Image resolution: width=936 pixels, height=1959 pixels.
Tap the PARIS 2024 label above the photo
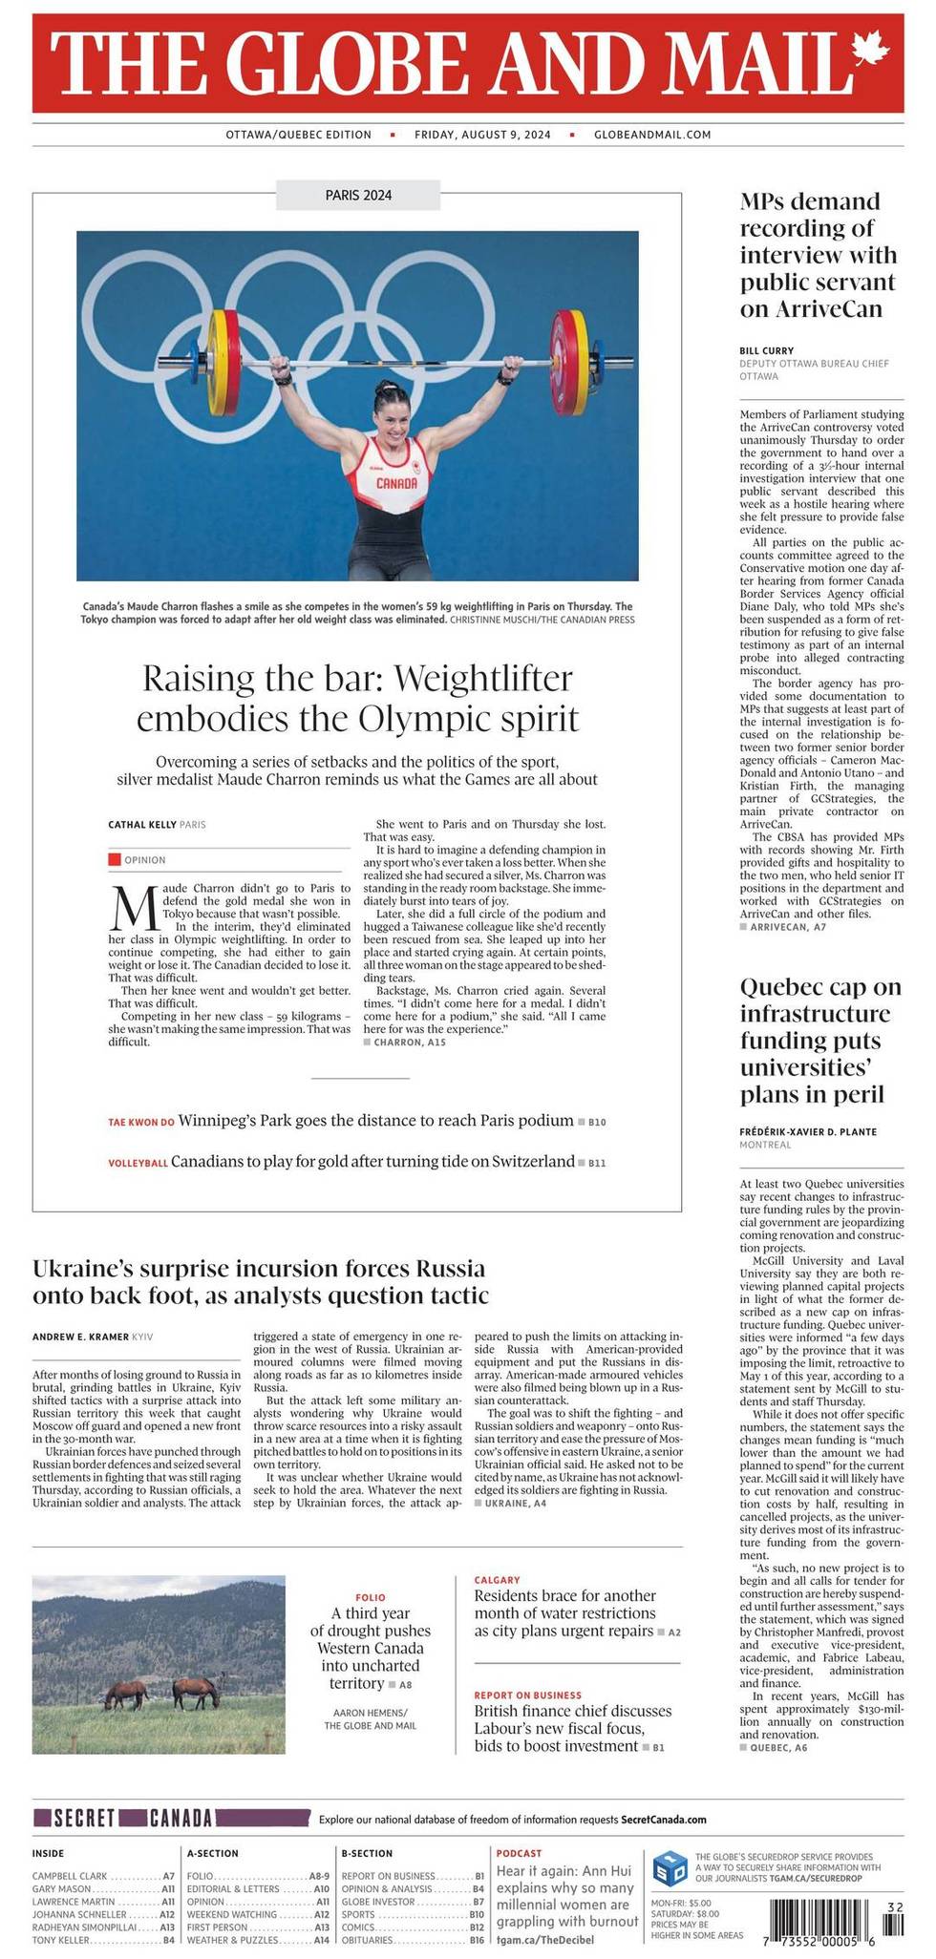(357, 196)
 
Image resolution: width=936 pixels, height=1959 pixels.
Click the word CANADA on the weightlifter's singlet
(396, 483)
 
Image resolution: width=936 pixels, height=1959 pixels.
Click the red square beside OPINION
(114, 859)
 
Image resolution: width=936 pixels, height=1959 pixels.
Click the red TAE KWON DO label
(140, 1122)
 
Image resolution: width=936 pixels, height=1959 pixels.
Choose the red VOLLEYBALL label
(138, 1164)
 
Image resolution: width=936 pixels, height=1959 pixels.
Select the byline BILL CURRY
(766, 350)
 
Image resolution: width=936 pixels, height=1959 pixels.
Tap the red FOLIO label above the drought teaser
(371, 1596)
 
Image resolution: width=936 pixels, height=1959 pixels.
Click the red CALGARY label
(497, 1580)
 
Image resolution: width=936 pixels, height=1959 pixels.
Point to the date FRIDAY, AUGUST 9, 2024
(482, 135)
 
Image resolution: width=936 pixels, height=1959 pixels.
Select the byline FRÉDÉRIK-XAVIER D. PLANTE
(808, 1131)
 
